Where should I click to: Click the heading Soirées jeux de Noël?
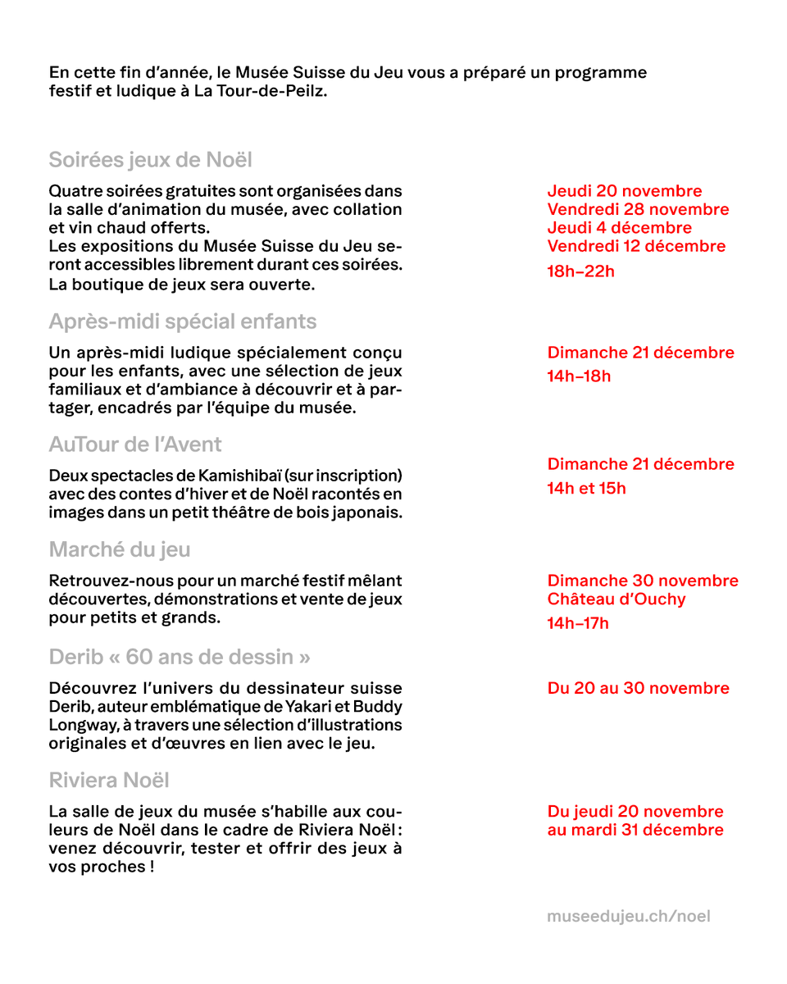pos(150,159)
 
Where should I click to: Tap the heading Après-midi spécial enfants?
pos(182,321)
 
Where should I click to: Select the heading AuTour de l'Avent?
pos(135,444)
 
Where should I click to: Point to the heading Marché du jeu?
pos(120,549)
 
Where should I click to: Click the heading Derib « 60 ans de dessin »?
pos(180,657)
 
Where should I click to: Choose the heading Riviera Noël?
pos(109,780)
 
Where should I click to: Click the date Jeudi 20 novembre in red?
pos(624,191)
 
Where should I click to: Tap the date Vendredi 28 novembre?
pos(638,209)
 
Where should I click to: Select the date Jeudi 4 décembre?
pos(619,227)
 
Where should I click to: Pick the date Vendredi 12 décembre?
pos(636,245)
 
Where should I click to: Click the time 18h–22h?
pos(580,271)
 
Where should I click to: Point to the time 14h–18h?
pos(579,376)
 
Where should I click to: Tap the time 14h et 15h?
pos(586,488)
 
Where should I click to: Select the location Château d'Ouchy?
pos(616,599)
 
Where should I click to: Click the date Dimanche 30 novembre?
pos(643,581)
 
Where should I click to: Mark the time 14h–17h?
pos(578,623)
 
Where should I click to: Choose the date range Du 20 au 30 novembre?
pos(638,688)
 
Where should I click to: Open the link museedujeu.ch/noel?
pos(628,915)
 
